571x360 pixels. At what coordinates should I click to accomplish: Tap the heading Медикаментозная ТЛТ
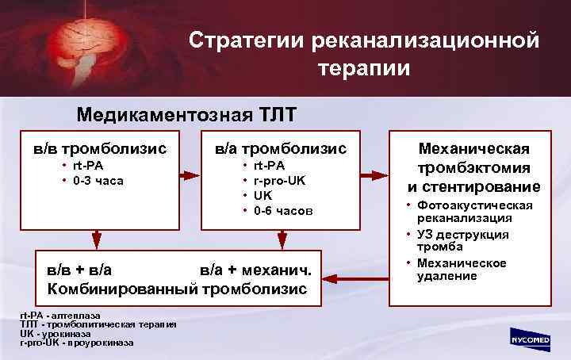pyautogui.click(x=186, y=114)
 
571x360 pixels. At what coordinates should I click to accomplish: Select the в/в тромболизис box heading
pyautogui.click(x=99, y=148)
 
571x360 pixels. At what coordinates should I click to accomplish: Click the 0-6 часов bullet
pyautogui.click(x=283, y=210)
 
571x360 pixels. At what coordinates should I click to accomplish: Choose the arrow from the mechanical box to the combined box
pyautogui.click(x=357, y=278)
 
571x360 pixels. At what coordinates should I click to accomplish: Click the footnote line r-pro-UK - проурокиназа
pyautogui.click(x=77, y=343)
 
